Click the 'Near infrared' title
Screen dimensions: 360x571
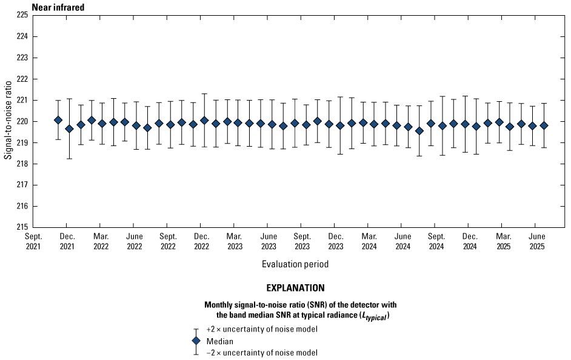tap(58, 7)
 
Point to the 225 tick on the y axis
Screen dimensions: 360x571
tap(22, 15)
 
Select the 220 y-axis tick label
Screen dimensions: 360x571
tap(22, 121)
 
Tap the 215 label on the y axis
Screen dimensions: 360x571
tap(22, 227)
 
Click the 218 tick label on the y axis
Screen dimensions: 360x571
tap(22, 164)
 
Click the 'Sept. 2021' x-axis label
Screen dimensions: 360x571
tap(34, 241)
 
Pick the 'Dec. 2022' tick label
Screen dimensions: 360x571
tap(201, 241)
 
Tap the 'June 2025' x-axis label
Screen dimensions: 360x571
tap(536, 241)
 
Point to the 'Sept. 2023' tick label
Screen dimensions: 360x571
tap(302, 241)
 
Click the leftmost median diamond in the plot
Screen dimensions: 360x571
tap(58, 120)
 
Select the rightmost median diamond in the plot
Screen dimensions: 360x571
tap(544, 125)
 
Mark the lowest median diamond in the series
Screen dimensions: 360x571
tap(419, 131)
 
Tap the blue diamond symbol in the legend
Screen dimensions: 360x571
tap(196, 341)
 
